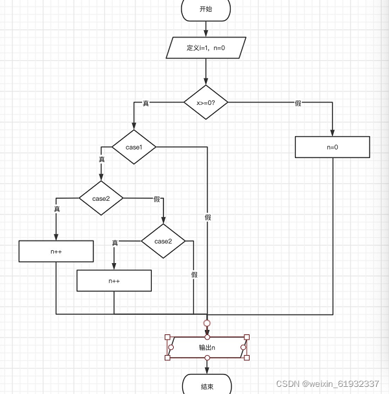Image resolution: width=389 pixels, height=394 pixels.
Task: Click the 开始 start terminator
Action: click(x=206, y=9)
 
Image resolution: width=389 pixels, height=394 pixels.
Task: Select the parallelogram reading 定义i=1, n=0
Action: click(x=206, y=47)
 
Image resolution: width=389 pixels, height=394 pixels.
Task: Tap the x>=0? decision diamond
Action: click(x=206, y=102)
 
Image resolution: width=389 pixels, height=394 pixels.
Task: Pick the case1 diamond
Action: click(x=134, y=147)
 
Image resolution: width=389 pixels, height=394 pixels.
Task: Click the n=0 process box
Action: click(x=332, y=147)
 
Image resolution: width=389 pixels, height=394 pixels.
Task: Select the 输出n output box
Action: click(x=207, y=347)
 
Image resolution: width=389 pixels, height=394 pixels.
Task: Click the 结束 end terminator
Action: click(x=207, y=386)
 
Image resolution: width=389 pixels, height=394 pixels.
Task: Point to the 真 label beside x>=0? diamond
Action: click(x=145, y=104)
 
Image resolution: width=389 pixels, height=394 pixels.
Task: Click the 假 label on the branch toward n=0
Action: click(x=298, y=104)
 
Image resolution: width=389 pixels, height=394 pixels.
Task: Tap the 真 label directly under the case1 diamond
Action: click(x=102, y=159)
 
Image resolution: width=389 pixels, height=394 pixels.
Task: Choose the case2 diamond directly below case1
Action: click(x=101, y=198)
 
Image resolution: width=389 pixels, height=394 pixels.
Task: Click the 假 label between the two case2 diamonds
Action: click(x=156, y=199)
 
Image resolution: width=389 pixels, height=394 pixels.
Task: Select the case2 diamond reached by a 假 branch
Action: click(x=163, y=241)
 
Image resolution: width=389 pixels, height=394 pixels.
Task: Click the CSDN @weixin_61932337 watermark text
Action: click(x=327, y=384)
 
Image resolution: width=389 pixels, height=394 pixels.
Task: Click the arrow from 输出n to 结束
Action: click(x=207, y=366)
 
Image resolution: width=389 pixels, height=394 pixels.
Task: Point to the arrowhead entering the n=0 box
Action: click(x=332, y=133)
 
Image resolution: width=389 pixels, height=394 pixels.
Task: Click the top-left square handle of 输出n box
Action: click(x=168, y=338)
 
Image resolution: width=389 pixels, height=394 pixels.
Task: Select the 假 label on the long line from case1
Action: click(x=207, y=218)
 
